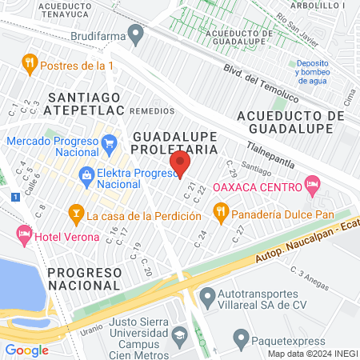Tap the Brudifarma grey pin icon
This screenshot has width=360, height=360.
click(136, 35)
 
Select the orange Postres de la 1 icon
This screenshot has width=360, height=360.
click(30, 62)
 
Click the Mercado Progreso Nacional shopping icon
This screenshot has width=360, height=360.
click(110, 143)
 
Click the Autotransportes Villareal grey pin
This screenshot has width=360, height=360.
click(207, 297)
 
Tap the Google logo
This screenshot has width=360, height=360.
click(26, 350)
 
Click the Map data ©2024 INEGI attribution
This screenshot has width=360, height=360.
click(312, 353)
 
